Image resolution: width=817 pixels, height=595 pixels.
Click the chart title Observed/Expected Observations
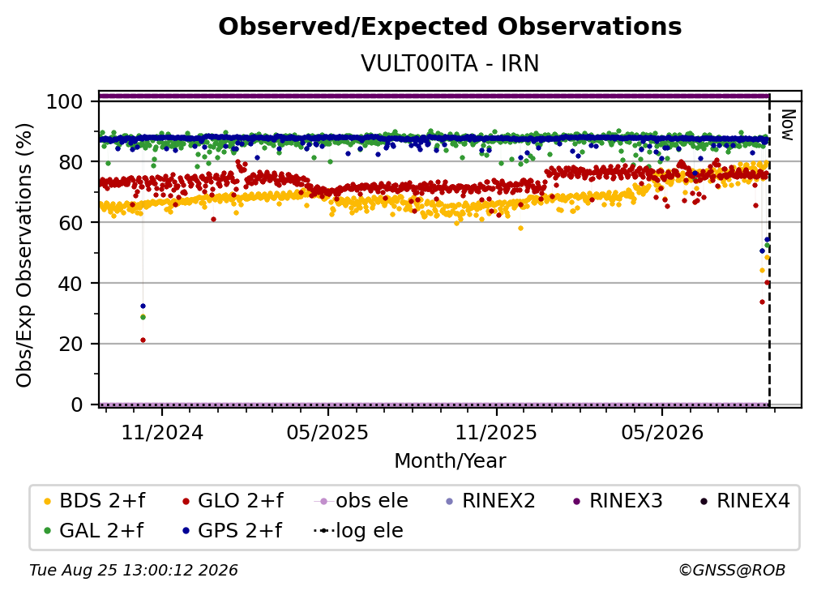(450, 27)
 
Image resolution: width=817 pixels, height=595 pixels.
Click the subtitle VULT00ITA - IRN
(450, 63)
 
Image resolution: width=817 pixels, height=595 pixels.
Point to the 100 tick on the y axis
(65, 101)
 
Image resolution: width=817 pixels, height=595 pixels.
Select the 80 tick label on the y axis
(71, 162)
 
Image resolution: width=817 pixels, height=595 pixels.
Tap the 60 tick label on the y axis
(71, 222)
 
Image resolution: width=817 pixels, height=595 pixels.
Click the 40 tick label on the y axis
(71, 284)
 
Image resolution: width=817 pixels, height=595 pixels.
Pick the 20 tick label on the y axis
(71, 344)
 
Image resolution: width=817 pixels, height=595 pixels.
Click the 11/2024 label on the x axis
(162, 432)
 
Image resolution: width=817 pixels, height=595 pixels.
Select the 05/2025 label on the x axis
(327, 432)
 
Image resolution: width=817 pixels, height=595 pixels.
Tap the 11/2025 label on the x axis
(496, 432)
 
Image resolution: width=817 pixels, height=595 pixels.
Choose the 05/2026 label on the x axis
(662, 432)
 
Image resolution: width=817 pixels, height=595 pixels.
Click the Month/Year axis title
(450, 460)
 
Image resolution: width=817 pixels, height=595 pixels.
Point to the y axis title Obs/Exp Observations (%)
(24, 255)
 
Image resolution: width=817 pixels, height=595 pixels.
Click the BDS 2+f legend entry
(94, 501)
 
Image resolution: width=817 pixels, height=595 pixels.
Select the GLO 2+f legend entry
(233, 501)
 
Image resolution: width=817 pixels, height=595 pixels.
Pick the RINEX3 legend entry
(618, 501)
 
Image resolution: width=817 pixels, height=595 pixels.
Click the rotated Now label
(787, 125)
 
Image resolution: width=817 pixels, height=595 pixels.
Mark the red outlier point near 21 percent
(143, 340)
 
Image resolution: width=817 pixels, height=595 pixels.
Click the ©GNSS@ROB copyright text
(732, 570)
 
